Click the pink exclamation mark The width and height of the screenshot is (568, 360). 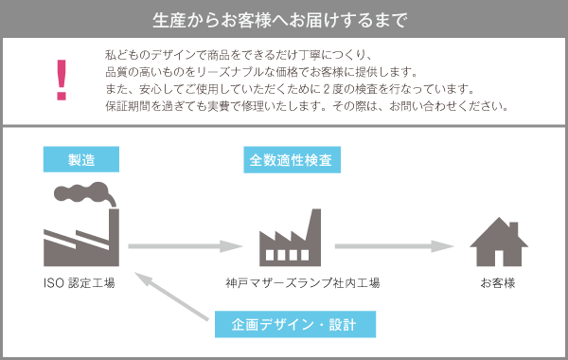[62, 80]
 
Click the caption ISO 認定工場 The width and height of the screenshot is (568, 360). [80, 283]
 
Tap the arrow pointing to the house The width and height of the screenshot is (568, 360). [402, 246]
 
